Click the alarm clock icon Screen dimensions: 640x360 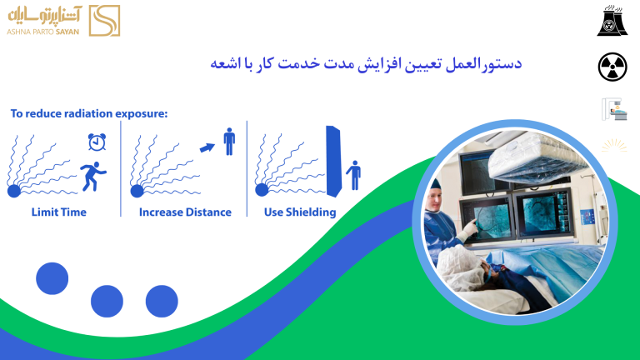pos(97,142)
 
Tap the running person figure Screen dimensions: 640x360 pos(93,177)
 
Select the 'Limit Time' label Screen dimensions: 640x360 pos(59,212)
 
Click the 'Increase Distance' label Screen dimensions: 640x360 pos(185,212)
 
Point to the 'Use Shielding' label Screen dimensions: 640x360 pos(300,212)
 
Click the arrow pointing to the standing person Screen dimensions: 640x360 pos(207,147)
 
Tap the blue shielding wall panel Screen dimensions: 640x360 pos(333,162)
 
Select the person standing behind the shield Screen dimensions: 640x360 pos(354,175)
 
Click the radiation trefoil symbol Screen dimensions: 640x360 pos(612,67)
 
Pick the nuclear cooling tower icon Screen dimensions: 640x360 pos(612,20)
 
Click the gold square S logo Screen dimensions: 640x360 pos(104,21)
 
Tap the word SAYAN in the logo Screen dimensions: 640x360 pos(67,32)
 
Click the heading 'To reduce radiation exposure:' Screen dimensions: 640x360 pos(89,113)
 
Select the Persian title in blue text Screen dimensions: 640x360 pos(366,63)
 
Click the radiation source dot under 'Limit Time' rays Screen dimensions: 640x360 pos(14,191)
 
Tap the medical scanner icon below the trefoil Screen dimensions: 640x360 pos(614,109)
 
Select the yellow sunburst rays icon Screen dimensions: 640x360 pos(614,146)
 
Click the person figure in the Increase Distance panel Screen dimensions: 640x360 pos(229,141)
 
